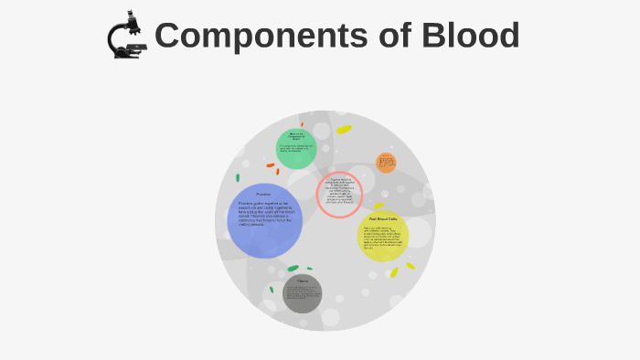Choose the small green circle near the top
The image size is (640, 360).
(296, 148)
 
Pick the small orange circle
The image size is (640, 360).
(386, 164)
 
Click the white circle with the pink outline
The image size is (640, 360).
(340, 195)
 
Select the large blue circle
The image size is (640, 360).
(264, 220)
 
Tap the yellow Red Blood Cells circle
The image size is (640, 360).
(382, 236)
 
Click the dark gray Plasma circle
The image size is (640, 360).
(303, 293)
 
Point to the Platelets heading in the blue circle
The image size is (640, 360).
(263, 195)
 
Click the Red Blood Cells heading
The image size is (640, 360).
(382, 219)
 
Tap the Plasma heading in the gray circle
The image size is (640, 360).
(303, 280)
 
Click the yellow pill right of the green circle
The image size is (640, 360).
(344, 130)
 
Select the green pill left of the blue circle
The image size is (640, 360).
(238, 177)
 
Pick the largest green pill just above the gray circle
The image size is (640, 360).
(293, 269)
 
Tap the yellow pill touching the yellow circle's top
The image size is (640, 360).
(379, 206)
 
